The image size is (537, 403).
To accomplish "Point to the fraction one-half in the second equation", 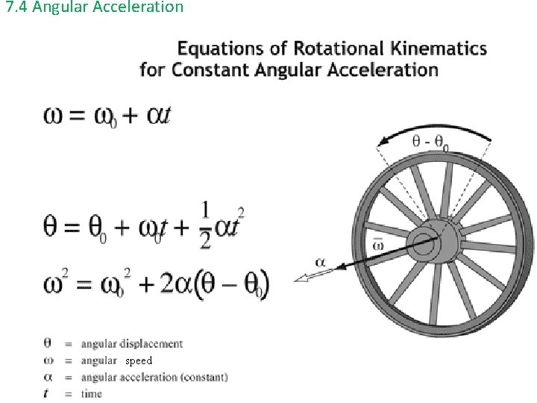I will click(205, 224).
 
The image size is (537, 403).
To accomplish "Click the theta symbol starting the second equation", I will click(52, 225).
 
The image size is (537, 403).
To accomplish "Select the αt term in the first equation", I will click(154, 116).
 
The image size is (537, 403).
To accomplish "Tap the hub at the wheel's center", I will click(426, 244).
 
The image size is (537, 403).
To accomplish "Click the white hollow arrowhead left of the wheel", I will click(304, 278).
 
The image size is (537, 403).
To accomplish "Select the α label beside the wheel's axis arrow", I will click(320, 262).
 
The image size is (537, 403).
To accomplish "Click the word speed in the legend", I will click(139, 360).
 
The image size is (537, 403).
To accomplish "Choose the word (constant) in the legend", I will click(204, 377).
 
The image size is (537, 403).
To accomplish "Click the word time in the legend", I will click(92, 393).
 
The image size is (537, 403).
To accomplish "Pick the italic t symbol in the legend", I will click(48, 393).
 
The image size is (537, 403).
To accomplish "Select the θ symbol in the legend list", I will click(48, 344).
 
